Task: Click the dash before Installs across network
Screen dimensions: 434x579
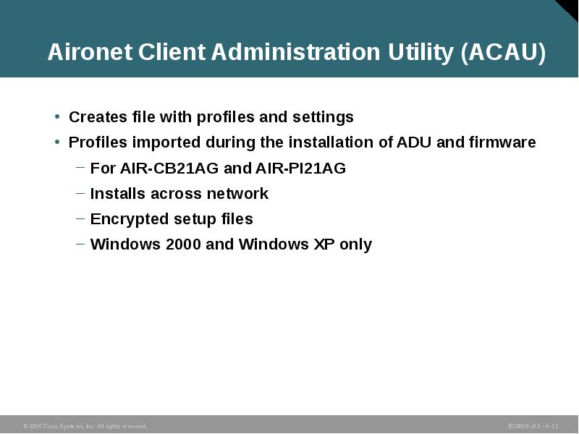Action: click(x=80, y=194)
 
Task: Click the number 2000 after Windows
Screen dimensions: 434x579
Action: click(x=183, y=244)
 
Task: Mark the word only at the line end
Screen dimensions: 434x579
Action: click(x=355, y=244)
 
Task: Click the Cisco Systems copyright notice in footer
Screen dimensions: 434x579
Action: click(x=85, y=427)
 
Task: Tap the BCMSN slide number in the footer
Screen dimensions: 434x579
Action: click(x=533, y=427)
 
